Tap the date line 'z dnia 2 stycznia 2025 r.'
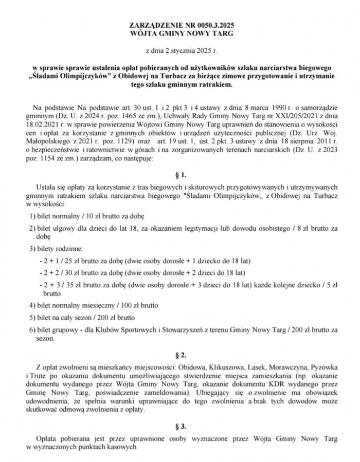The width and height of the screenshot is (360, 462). click(x=180, y=50)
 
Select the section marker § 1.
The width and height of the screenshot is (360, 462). click(x=180, y=175)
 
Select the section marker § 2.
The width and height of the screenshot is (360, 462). click(x=180, y=355)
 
